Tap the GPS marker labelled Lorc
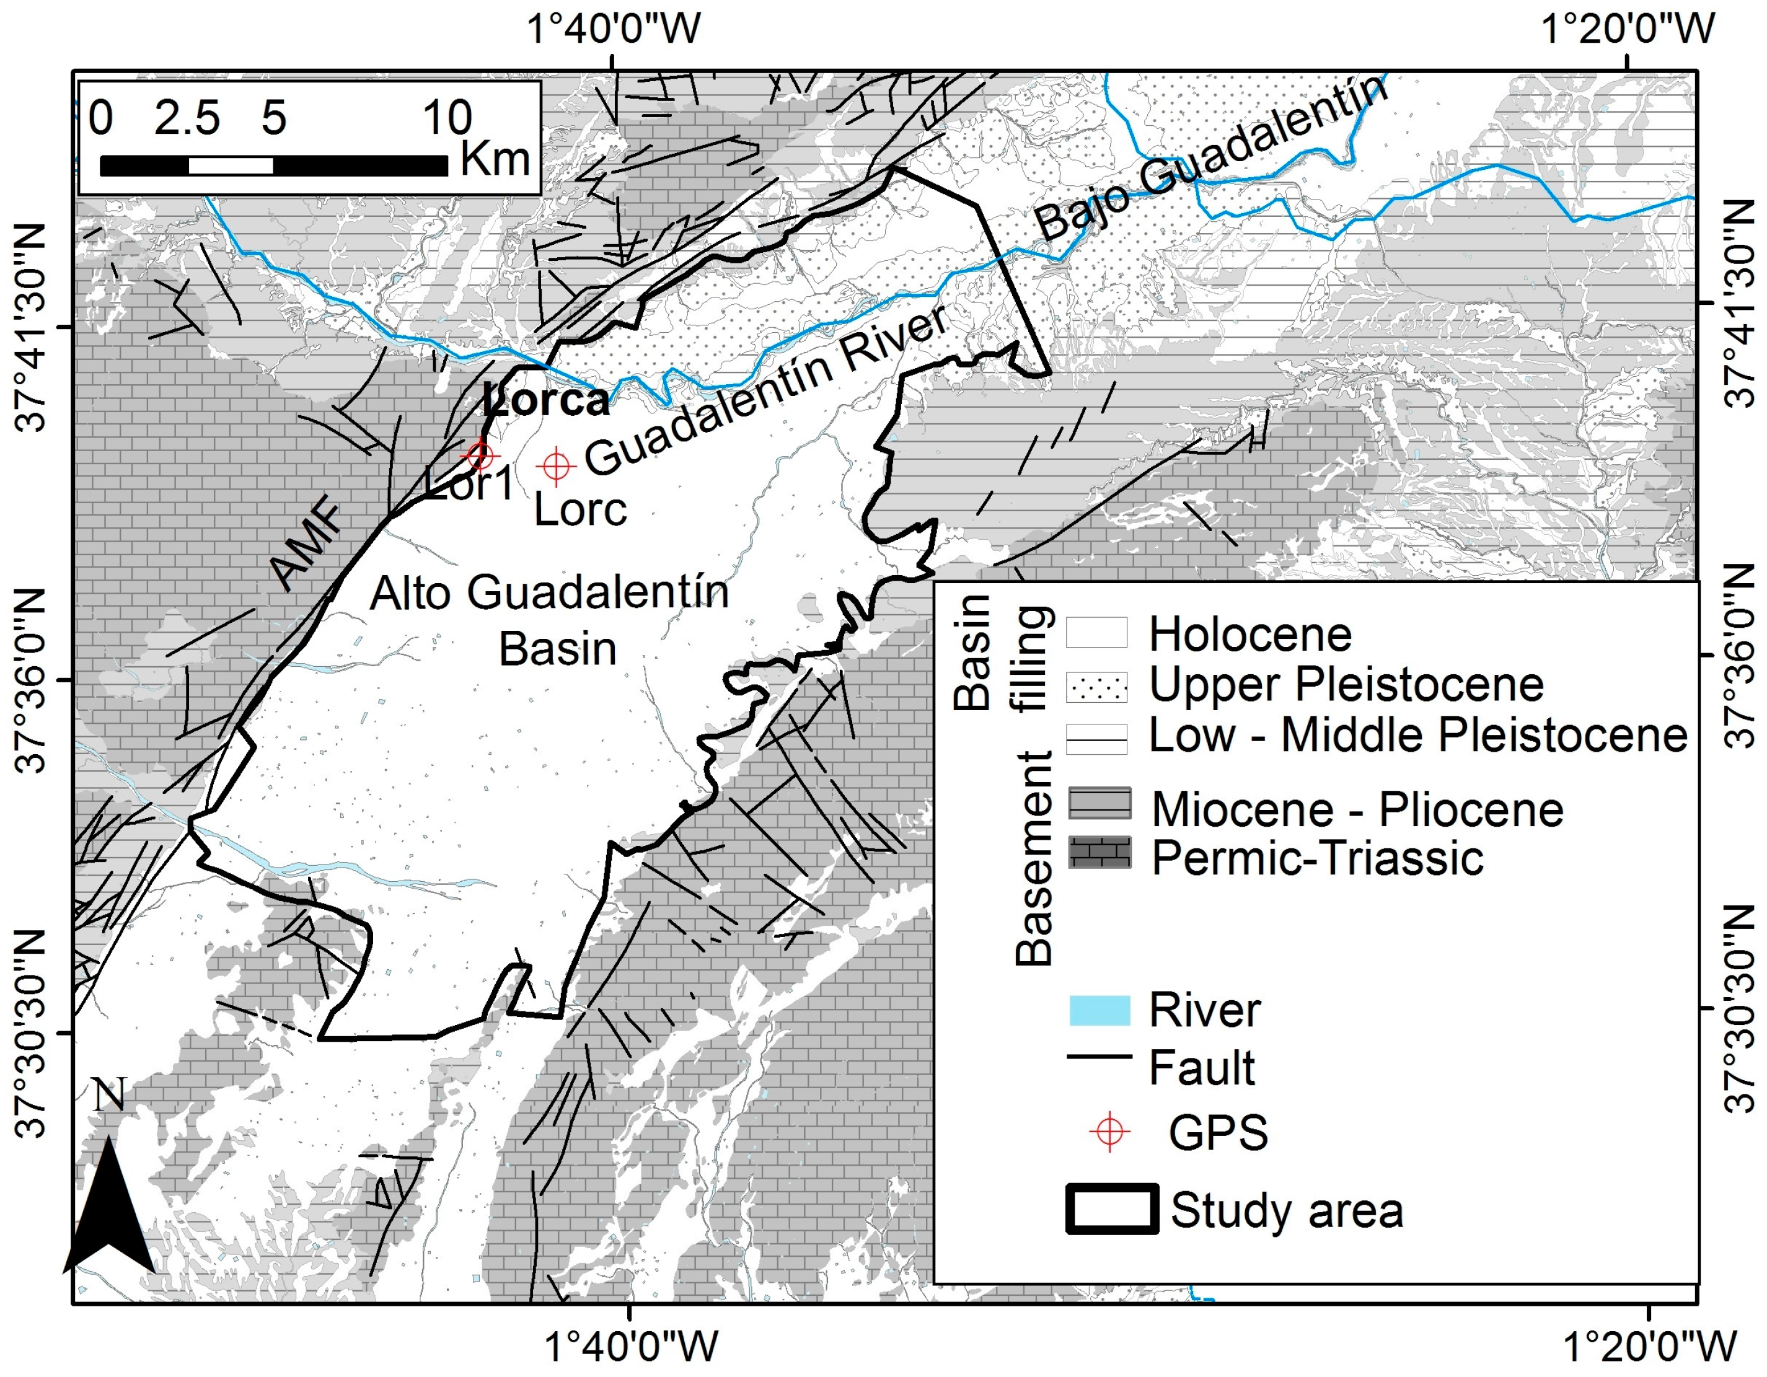tap(556, 465)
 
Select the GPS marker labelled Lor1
tap(480, 455)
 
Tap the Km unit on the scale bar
tap(495, 159)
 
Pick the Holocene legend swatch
tap(1096, 633)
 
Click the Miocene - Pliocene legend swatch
tap(1099, 803)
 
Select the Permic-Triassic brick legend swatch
tap(1099, 853)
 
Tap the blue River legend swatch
tap(1099, 1011)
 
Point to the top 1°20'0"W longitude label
tap(1627, 30)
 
